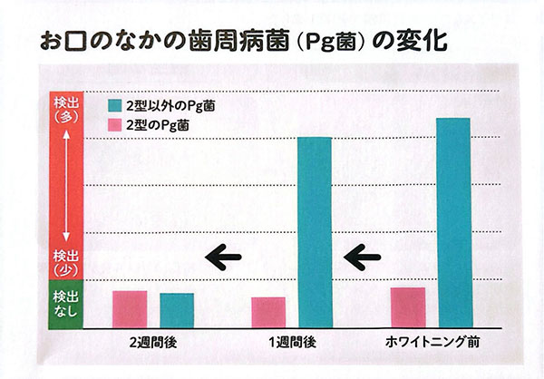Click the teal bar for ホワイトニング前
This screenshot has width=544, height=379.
coord(452,221)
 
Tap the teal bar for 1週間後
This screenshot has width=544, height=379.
coord(315,230)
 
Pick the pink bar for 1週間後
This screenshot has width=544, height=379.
coord(268,310)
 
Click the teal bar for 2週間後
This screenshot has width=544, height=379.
coord(177,308)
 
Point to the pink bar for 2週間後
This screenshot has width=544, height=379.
coord(130,307)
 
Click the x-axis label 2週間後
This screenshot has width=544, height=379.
coord(153,344)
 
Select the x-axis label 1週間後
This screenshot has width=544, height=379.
coord(291,344)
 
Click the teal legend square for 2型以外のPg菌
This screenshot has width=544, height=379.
coord(115,104)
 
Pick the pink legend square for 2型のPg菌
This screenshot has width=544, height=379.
coord(115,125)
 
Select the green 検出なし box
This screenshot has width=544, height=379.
coord(66,303)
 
